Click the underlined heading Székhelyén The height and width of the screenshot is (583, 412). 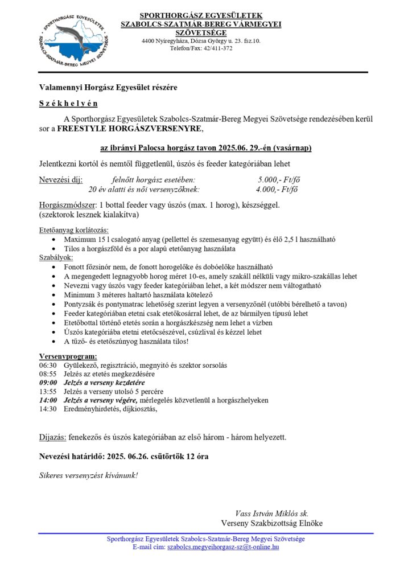coord(68,104)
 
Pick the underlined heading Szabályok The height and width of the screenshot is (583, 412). coord(56,257)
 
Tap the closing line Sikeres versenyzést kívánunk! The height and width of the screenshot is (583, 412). coord(88,475)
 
